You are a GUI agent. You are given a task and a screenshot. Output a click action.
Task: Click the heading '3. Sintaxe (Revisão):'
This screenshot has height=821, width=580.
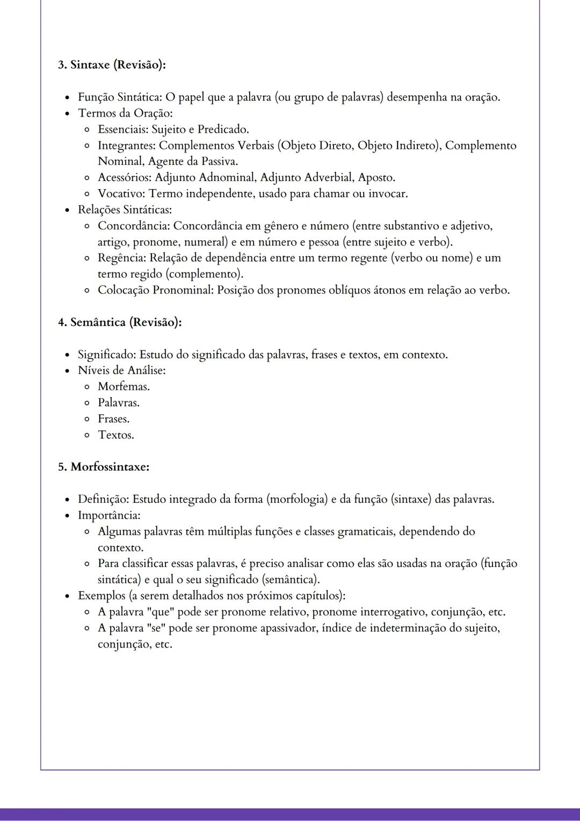112,64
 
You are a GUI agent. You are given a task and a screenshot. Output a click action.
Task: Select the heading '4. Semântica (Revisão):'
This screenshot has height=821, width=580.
120,322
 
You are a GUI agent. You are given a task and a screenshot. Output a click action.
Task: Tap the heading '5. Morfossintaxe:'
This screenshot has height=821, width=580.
104,467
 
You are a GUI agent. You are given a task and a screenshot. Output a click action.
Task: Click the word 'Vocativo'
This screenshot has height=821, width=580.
121,193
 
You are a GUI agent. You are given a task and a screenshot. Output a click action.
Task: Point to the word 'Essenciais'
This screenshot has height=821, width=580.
122,129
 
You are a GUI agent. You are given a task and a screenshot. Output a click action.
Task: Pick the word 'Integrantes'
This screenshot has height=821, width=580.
126,146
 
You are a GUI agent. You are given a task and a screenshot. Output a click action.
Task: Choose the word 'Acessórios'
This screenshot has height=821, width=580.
124,177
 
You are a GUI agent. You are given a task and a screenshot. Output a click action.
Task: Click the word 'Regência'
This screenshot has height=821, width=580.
121,258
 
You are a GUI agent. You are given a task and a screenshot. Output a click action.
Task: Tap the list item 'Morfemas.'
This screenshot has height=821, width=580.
124,387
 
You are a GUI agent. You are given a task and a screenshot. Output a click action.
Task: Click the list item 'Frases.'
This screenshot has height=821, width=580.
113,419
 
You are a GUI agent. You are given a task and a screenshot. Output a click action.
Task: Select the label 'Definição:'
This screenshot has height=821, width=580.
103,499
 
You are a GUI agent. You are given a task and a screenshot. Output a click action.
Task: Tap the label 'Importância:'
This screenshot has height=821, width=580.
109,515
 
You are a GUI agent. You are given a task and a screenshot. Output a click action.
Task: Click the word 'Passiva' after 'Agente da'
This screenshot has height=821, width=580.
218,161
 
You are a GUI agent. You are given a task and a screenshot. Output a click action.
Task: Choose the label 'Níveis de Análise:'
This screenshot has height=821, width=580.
121,371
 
